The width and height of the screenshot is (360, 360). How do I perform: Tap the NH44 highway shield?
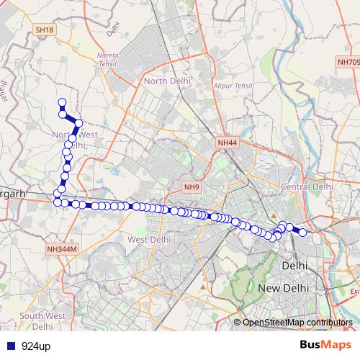(x=227, y=143)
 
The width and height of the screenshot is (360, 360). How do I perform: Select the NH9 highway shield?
(x=191, y=187)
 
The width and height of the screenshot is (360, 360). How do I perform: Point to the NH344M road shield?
(x=61, y=249)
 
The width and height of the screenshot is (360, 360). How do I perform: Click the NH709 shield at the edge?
(x=348, y=63)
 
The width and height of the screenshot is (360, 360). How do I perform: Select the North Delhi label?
(x=167, y=81)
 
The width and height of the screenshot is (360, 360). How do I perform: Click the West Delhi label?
(x=148, y=239)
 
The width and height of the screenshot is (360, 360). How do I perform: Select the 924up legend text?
(x=36, y=346)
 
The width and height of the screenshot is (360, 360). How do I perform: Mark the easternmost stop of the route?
(x=303, y=232)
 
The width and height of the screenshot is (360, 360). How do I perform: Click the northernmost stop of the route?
(x=62, y=102)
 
